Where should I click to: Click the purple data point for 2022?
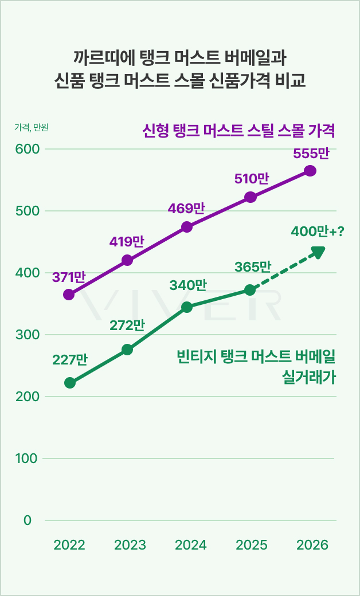(69, 295)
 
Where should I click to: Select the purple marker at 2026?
(310, 171)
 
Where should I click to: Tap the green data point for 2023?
(127, 350)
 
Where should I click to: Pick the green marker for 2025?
(250, 290)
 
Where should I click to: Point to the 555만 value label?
(311, 154)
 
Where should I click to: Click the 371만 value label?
(69, 277)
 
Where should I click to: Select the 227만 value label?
(69, 360)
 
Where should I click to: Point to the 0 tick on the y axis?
(28, 520)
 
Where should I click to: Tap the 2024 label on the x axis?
(191, 545)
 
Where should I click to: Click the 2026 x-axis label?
(312, 545)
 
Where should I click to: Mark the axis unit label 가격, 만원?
(32, 128)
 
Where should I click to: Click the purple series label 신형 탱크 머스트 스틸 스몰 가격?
(238, 130)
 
